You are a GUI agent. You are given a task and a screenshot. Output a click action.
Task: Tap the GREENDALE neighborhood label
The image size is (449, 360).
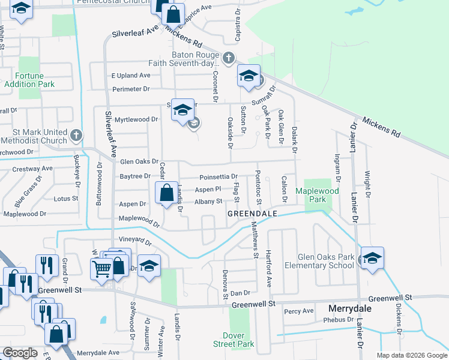coord(252,213)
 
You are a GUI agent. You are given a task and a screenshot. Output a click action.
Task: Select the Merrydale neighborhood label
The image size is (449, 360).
coord(350,308)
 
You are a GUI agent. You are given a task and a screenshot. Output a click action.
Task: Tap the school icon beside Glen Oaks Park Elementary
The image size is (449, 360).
coord(372,259)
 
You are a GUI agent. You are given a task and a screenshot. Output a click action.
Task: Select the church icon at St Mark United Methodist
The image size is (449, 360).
coord(76,135)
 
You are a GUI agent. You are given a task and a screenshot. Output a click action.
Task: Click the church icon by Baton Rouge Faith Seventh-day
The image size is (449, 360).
coord(228,58)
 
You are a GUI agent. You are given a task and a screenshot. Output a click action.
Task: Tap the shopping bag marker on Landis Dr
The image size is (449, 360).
coord(166,193)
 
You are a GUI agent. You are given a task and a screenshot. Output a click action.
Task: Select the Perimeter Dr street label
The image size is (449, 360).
coord(131,89)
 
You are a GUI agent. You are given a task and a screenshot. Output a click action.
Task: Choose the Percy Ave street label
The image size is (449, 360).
coord(299,311)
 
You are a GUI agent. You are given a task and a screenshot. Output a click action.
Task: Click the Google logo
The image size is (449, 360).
coord(20,353)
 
